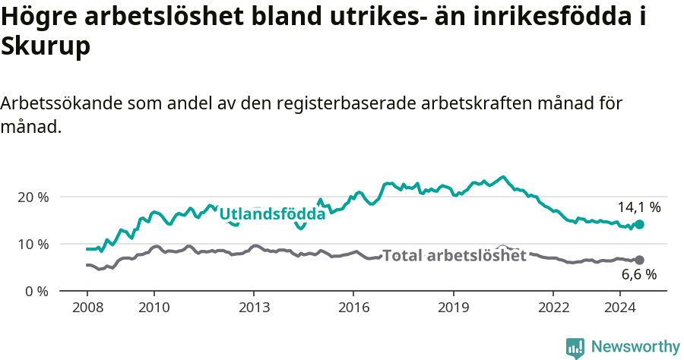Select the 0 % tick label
click(38, 291)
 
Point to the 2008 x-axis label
click(87, 307)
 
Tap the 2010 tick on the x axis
click(154, 307)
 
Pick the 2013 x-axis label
click(254, 307)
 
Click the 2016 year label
click(353, 307)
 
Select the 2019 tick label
click(454, 307)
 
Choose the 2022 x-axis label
click(553, 307)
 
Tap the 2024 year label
click(620, 307)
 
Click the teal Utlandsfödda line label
click(272, 215)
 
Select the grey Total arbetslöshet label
click(454, 256)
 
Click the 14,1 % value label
click(638, 207)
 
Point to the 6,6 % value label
click(638, 275)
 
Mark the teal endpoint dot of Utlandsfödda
click(639, 225)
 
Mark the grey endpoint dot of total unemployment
click(639, 260)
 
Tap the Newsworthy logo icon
click(575, 348)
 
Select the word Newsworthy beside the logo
click(635, 347)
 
